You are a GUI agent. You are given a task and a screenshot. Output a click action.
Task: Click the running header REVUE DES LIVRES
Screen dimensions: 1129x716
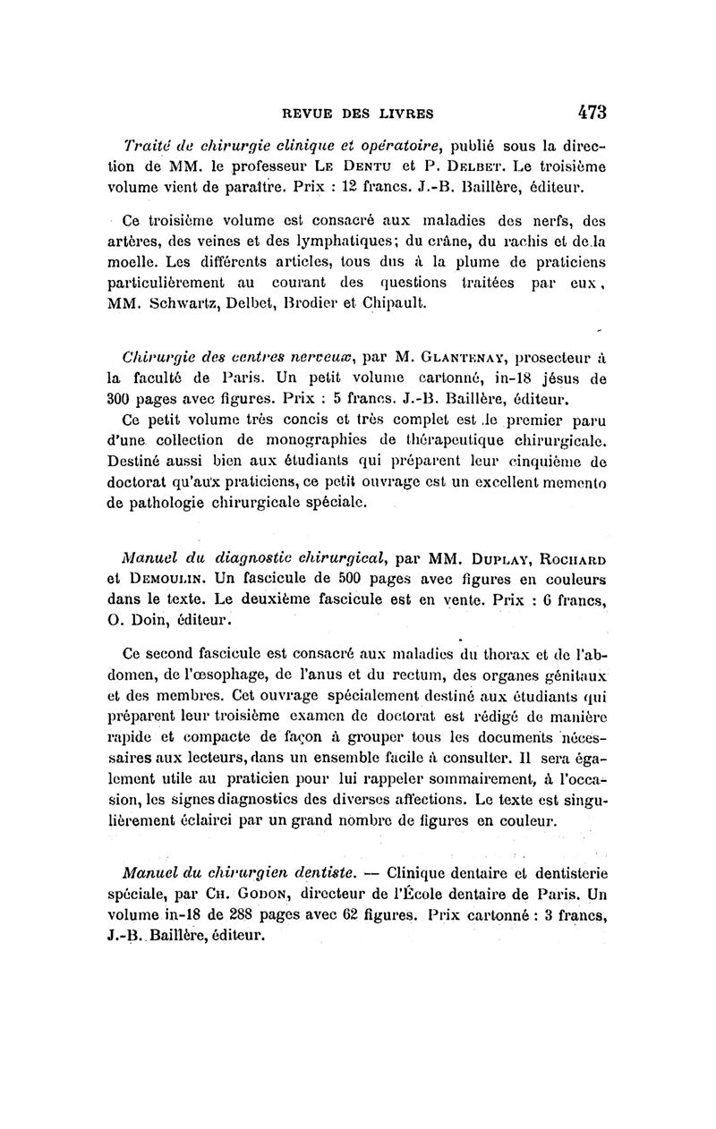click(x=358, y=114)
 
